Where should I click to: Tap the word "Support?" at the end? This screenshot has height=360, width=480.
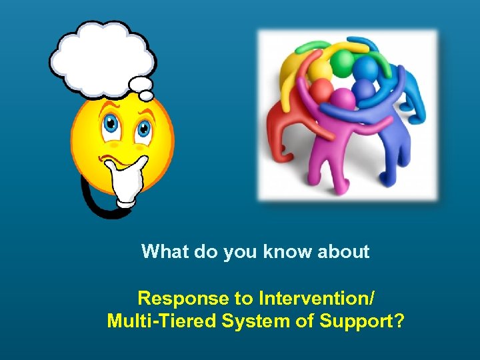(362, 321)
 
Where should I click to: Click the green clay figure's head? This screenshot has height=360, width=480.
(341, 63)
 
